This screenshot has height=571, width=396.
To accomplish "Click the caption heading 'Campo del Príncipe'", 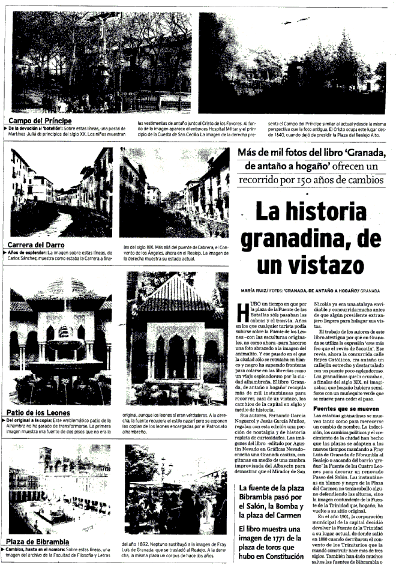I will pos(40,121).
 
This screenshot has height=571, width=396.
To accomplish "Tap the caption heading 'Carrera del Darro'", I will pos(37,245).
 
